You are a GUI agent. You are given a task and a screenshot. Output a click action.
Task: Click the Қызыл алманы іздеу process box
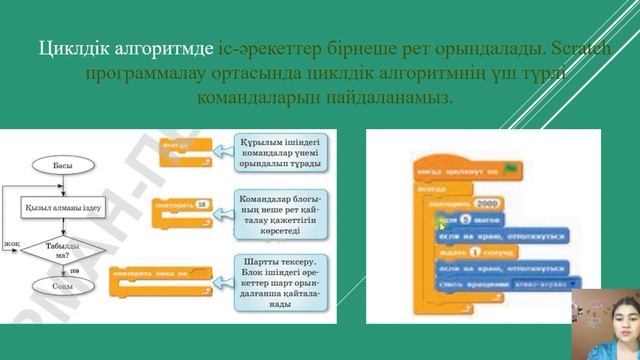(x=63, y=207)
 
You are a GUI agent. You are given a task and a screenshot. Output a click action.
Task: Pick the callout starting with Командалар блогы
(x=277, y=212)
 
